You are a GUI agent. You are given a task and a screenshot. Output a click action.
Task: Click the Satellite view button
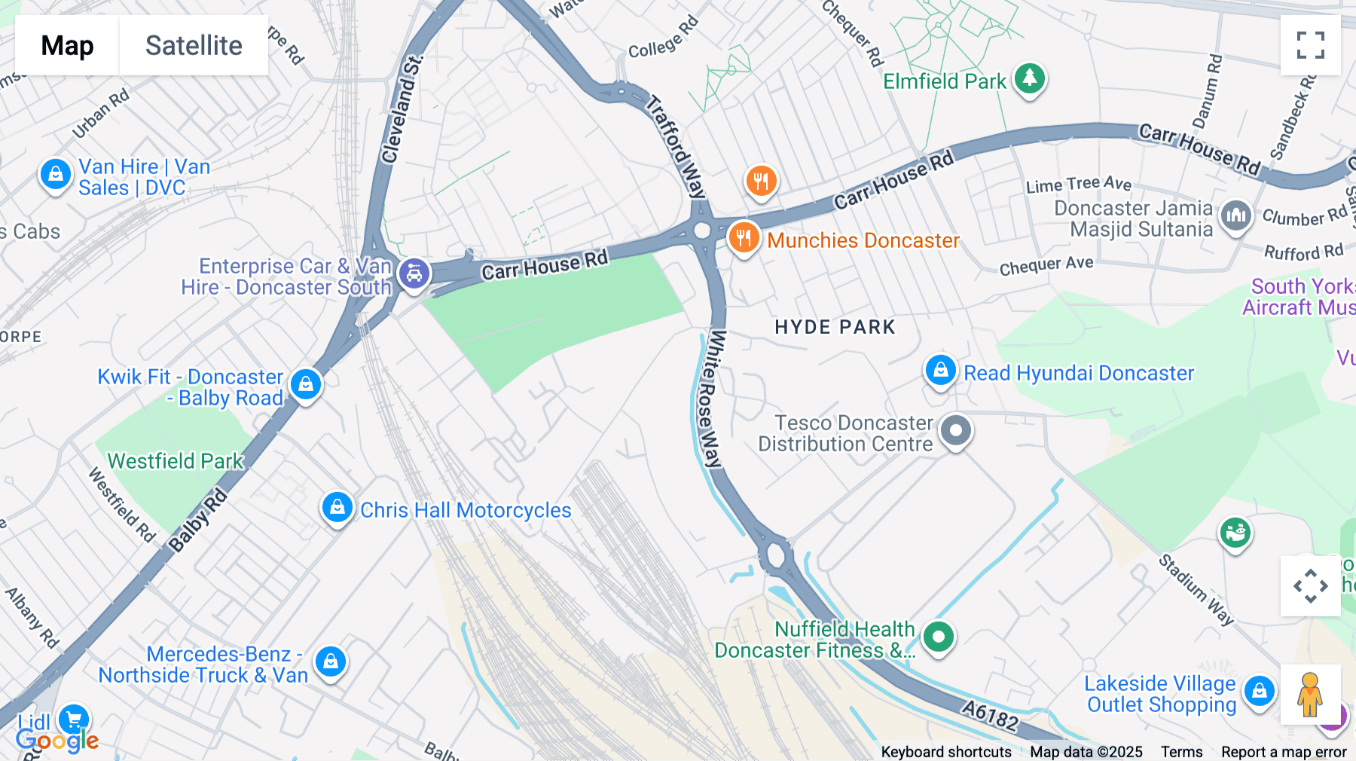click(x=194, y=45)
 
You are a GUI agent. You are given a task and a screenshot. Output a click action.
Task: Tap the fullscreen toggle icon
click(x=1310, y=45)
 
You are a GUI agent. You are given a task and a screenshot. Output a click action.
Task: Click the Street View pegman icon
click(x=1310, y=694)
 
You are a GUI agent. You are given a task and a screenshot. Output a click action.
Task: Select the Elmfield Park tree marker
click(x=1029, y=78)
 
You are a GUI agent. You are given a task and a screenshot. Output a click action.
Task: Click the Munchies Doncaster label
click(x=863, y=240)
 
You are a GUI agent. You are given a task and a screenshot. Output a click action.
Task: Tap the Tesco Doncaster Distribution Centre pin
click(x=956, y=431)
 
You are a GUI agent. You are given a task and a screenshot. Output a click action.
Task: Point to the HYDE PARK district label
click(x=835, y=327)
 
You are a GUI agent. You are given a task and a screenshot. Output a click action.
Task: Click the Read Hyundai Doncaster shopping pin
click(x=940, y=371)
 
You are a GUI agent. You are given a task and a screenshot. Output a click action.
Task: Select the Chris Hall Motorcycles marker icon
click(x=337, y=508)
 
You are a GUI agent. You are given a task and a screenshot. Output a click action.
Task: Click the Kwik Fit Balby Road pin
click(x=305, y=384)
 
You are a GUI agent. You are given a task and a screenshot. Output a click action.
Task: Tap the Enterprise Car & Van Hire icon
click(x=414, y=274)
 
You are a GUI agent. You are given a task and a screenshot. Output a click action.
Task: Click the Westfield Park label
click(x=176, y=460)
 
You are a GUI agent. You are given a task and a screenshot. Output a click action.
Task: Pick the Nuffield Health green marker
click(x=938, y=637)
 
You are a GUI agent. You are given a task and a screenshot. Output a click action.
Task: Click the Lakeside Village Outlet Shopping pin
click(x=1259, y=690)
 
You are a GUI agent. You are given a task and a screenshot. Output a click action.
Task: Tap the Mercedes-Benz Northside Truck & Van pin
click(x=330, y=662)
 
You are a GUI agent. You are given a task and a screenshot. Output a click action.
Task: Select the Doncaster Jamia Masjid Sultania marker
click(x=1235, y=217)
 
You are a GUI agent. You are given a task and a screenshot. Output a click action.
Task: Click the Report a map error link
click(x=1283, y=751)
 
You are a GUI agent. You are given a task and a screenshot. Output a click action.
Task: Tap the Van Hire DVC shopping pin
click(x=55, y=175)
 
